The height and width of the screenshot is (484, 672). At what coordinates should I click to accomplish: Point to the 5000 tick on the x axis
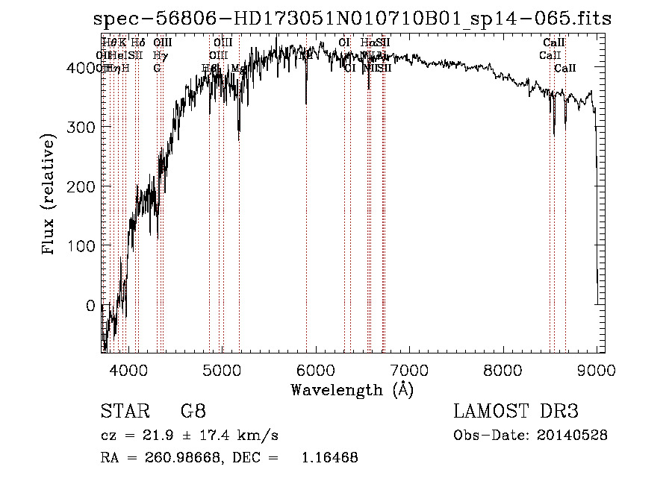(x=222, y=371)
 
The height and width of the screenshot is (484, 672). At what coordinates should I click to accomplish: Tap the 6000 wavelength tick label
(x=315, y=371)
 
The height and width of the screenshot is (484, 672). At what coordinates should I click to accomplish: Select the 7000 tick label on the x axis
(x=409, y=371)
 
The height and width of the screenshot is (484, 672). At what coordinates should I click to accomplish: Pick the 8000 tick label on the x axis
(x=503, y=371)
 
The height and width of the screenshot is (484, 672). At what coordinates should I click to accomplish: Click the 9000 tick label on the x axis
(x=596, y=371)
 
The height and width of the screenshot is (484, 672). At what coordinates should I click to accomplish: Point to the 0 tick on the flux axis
(x=90, y=306)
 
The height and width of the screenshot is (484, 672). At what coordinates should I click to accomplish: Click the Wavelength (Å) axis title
(x=352, y=389)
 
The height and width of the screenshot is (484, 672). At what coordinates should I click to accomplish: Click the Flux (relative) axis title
(x=50, y=196)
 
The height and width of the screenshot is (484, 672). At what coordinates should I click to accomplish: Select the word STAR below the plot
(x=122, y=412)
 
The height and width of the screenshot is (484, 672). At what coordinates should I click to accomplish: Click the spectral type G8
(x=193, y=412)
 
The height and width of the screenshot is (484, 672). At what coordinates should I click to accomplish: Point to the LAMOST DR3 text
(x=516, y=412)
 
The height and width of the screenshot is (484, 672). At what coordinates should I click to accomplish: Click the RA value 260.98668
(x=178, y=458)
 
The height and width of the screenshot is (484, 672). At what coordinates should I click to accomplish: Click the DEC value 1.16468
(x=329, y=458)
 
